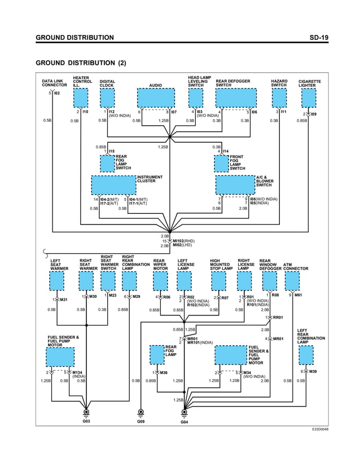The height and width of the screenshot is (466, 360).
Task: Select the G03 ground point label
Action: [86, 421]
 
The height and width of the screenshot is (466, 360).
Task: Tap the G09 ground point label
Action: [141, 421]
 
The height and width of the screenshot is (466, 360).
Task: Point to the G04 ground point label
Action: [184, 422]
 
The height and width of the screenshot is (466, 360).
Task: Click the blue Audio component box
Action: [156, 98]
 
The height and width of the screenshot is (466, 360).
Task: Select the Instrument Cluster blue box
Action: [113, 184]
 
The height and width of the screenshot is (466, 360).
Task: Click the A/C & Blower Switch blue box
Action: [235, 184]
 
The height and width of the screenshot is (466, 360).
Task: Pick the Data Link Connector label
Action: [54, 83]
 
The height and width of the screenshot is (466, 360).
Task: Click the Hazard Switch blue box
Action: [278, 98]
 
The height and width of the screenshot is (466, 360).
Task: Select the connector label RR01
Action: [278, 318]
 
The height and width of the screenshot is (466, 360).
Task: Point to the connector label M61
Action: [299, 295]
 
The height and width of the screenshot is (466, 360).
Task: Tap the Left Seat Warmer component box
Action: [57, 280]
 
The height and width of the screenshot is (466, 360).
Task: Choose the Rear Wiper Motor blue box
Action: [160, 280]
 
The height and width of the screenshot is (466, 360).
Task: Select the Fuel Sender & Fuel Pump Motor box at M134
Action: [60, 357]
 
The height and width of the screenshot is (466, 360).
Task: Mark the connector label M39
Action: [312, 372]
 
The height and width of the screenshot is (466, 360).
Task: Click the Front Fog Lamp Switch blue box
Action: [221, 164]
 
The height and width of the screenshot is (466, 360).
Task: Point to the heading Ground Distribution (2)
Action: [81, 62]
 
